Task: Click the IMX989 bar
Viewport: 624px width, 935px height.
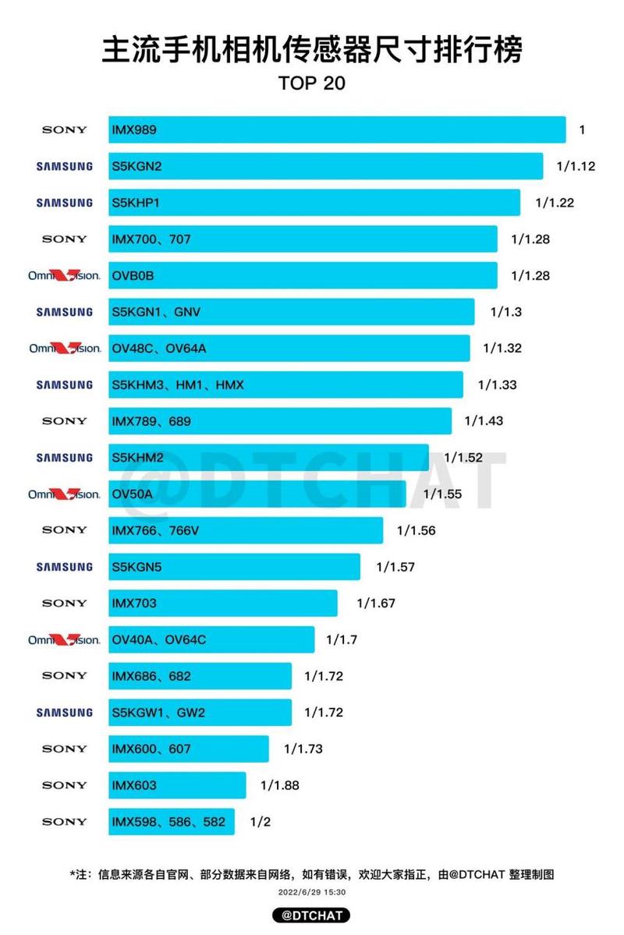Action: [337, 129]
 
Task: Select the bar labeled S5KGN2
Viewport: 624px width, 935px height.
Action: [325, 166]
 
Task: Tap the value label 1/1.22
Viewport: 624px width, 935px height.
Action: [555, 203]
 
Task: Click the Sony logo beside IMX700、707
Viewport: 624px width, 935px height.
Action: [65, 239]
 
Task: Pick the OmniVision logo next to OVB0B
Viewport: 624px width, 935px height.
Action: [65, 275]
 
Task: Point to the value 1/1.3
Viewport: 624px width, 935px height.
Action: [505, 312]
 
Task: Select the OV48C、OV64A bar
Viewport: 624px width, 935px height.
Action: [289, 348]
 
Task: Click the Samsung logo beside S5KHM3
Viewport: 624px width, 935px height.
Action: [65, 384]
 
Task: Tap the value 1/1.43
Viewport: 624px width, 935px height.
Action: [484, 421]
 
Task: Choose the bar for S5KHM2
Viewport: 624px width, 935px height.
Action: [268, 458]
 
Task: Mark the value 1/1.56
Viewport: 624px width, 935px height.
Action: [416, 530]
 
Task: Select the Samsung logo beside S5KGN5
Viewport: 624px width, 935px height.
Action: [65, 567]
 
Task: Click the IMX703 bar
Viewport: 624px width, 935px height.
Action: [222, 603]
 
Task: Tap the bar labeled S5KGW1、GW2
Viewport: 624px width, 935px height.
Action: [200, 712]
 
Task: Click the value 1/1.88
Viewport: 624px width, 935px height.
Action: [279, 785]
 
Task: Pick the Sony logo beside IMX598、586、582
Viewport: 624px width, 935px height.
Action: [65, 821]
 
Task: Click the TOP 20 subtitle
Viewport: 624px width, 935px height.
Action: [312, 83]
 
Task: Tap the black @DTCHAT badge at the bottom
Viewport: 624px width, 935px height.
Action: [312, 915]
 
